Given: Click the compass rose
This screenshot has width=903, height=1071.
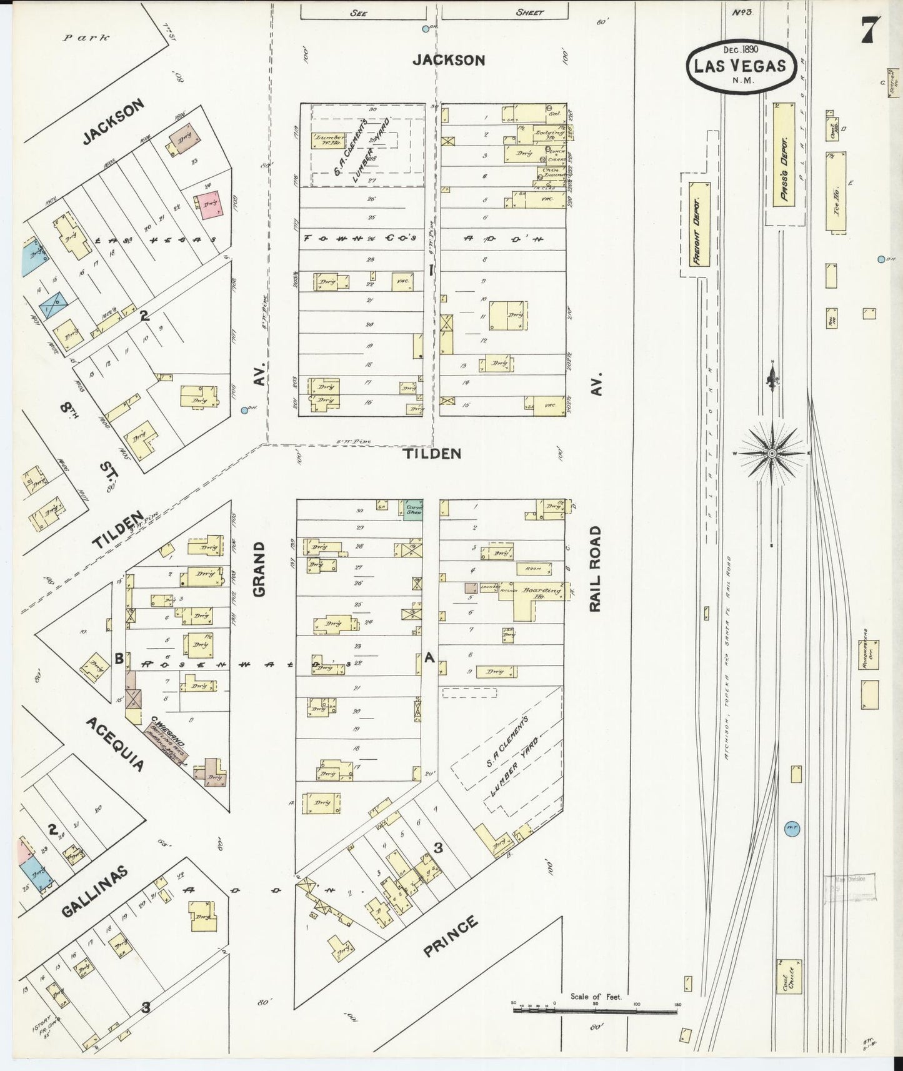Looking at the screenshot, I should [772, 452].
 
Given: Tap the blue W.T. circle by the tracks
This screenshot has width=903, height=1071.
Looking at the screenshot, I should [792, 829].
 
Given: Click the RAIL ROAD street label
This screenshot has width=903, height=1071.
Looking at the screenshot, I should [596, 569].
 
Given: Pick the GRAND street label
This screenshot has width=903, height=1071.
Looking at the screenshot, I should [259, 569].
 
